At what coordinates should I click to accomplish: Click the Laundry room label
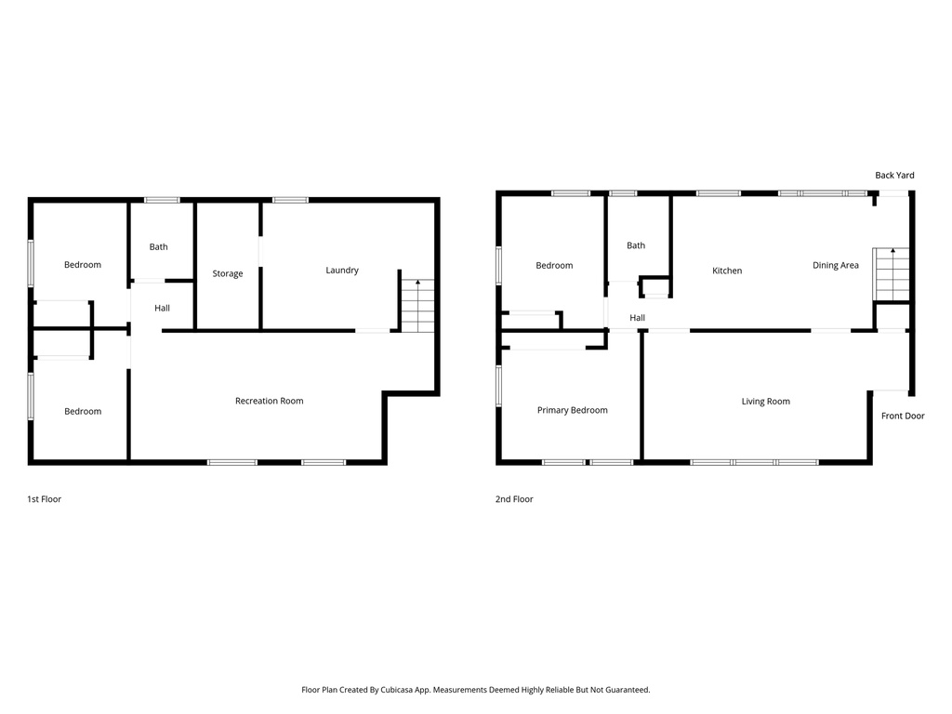click(x=342, y=271)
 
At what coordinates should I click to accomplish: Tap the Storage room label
click(x=228, y=274)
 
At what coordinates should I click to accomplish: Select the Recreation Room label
click(x=270, y=401)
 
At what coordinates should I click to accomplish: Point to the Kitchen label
click(x=727, y=271)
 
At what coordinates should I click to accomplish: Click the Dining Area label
click(x=836, y=266)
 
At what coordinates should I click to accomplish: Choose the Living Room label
click(x=766, y=402)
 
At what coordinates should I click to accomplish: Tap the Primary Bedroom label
click(x=573, y=410)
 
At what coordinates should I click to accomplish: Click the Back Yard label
click(x=894, y=175)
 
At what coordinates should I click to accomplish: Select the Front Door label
click(x=903, y=416)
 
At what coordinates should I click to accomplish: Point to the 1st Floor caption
click(x=44, y=499)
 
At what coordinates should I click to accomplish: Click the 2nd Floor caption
click(x=514, y=499)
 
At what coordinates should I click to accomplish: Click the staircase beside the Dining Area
click(x=891, y=274)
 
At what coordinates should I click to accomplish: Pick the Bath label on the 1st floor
click(x=159, y=246)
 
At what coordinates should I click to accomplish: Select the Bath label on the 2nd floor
click(x=636, y=245)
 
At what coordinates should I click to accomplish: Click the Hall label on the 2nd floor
click(x=638, y=318)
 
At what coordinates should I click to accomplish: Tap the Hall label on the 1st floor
click(x=162, y=308)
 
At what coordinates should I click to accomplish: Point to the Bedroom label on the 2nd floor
click(x=554, y=266)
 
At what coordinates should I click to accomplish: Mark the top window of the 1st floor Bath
click(x=162, y=199)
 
